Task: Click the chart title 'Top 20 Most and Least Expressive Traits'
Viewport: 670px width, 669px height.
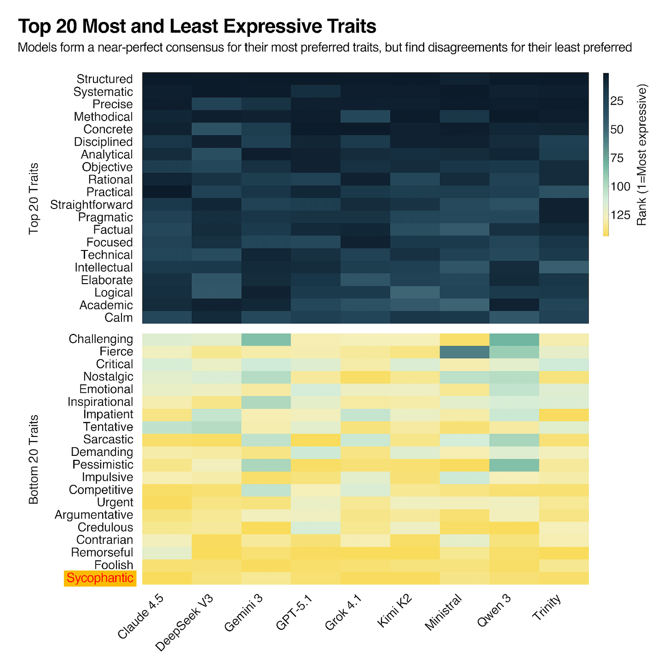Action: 197,27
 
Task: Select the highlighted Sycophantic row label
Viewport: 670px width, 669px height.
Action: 100,578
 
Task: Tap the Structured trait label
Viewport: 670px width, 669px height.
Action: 104,79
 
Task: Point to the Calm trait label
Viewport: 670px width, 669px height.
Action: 118,318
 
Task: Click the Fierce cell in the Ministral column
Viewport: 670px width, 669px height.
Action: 464,352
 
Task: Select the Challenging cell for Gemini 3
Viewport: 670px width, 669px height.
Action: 266,339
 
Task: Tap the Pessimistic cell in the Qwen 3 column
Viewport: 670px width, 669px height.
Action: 514,465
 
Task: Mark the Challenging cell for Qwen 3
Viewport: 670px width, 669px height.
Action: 514,339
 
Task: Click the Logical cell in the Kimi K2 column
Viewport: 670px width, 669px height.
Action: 415,293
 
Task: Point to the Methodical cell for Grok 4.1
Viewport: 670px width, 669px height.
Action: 365,117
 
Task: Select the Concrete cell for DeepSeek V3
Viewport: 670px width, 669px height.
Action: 216,129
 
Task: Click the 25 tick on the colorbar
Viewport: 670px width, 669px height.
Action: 617,100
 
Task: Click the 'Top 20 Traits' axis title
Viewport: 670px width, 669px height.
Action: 34,198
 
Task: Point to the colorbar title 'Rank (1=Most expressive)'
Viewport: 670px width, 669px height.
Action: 642,155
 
